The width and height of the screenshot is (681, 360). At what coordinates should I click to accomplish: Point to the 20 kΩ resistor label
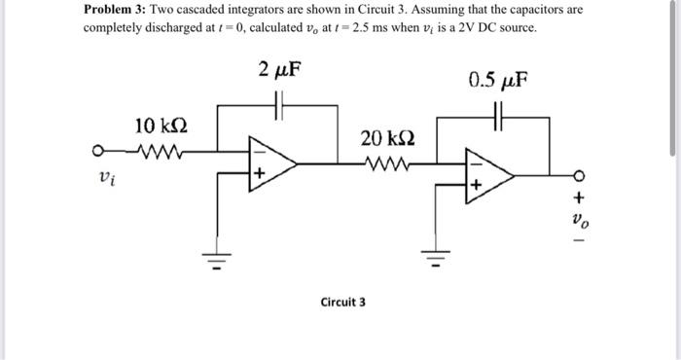(385, 137)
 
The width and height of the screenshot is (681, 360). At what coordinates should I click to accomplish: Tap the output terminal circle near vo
(580, 176)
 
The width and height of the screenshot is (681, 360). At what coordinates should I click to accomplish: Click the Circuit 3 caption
(342, 302)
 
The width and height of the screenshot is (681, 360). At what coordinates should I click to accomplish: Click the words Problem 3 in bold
(115, 9)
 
